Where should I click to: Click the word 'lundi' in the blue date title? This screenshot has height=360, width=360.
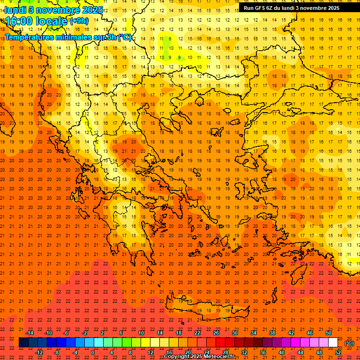[15, 10]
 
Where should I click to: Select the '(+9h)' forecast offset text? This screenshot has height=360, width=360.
[78, 21]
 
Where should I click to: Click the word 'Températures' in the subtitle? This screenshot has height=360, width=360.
[30, 37]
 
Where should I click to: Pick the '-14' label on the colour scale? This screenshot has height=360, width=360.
[30, 333]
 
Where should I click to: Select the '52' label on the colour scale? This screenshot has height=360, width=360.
[338, 352]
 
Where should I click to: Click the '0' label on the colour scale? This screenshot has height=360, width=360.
[93, 352]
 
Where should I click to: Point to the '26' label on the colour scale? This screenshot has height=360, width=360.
[216, 333]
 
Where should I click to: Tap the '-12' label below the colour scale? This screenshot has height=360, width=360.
[39, 352]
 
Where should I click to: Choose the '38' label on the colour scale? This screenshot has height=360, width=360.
[272, 333]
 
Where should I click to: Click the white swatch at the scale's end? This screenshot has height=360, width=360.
[333, 343]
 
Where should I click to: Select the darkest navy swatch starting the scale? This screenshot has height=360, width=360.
[23, 343]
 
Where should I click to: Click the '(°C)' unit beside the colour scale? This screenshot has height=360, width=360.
[349, 343]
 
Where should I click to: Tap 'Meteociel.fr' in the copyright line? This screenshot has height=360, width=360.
[217, 357]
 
